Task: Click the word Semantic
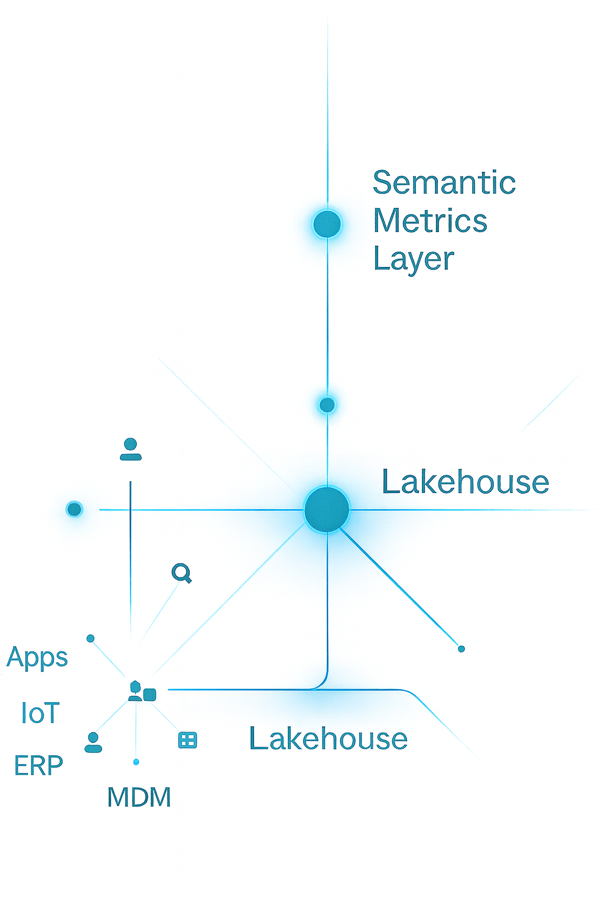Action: [444, 183]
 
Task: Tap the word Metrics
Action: [430, 221]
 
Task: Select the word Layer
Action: [414, 259]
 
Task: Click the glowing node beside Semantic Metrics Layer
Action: [327, 224]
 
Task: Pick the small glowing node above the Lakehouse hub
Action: [327, 405]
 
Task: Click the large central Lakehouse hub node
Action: [327, 509]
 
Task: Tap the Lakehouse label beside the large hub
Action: [466, 482]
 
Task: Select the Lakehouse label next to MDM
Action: [328, 739]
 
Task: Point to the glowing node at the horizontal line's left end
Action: [74, 509]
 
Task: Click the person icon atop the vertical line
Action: [131, 449]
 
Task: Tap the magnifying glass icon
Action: [181, 573]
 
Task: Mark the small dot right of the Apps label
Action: [90, 638]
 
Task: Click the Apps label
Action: [37, 658]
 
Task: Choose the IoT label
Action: [40, 713]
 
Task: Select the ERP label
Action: [38, 766]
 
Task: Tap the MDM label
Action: [139, 798]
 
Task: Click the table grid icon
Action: [187, 740]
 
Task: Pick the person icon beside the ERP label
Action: [93, 742]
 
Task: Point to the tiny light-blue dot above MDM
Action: [136, 762]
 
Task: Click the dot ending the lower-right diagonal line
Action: [461, 649]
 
